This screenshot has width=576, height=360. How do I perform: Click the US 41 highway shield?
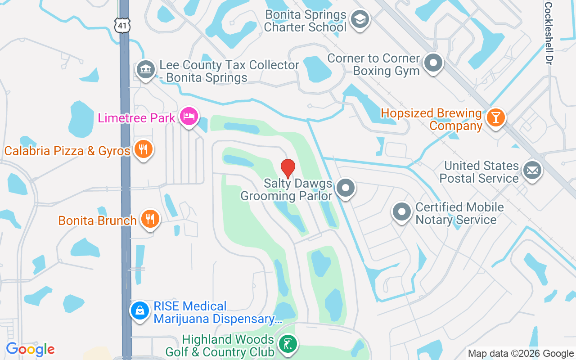122,25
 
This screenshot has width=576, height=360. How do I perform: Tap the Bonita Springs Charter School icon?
360,19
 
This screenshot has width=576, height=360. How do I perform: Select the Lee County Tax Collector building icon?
145,70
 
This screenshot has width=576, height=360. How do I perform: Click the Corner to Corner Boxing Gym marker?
433,63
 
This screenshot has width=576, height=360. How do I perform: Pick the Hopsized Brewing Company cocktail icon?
496,118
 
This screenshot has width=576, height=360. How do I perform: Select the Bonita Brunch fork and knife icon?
150,219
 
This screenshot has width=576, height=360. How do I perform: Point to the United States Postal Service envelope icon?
532,171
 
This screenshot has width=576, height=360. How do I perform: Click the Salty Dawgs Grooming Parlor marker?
346,189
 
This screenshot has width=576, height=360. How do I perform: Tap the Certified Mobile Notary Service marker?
401,212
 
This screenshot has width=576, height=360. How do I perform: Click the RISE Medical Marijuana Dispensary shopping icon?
140,310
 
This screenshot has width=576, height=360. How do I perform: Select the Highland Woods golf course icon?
287,344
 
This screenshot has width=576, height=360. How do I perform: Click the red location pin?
288,168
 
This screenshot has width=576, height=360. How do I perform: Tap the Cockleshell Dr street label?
548,33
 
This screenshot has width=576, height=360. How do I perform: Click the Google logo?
30,349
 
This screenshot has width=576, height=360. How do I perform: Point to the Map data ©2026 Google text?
521,354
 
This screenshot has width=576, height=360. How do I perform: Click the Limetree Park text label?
137,118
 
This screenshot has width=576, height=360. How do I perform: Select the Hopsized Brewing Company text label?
431,119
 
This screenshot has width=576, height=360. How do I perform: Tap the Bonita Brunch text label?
97,220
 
